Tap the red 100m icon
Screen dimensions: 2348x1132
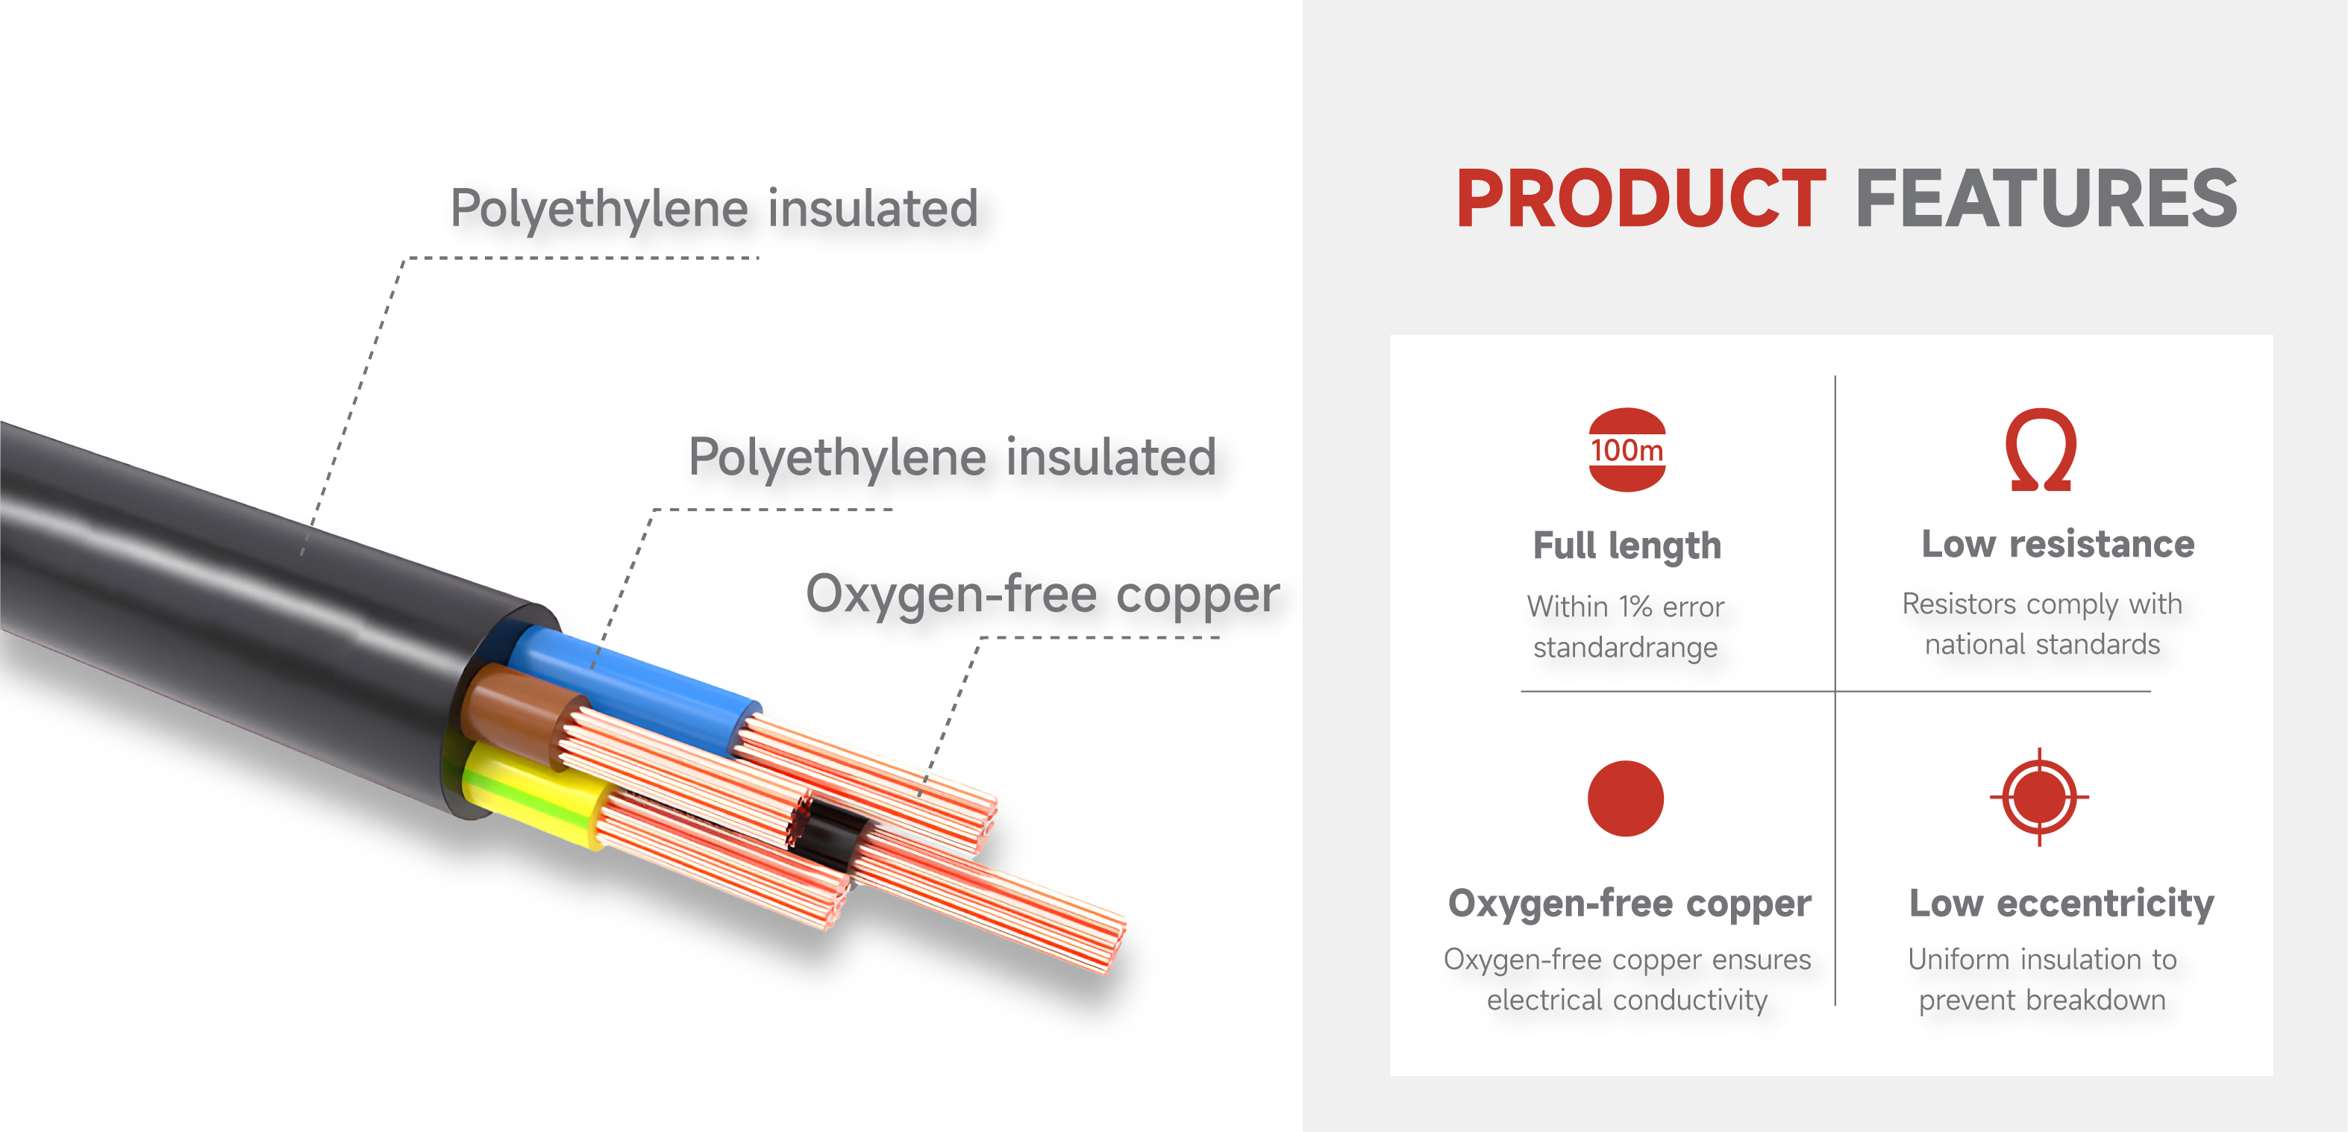point(1627,449)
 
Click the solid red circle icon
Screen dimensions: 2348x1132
point(1625,798)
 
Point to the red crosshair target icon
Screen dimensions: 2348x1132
point(2039,798)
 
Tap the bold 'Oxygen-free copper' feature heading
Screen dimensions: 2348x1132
point(1629,903)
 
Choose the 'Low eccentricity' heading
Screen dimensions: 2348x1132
point(2061,903)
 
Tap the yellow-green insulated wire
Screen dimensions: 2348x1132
point(533,793)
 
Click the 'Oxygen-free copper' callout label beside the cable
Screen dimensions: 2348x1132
point(1043,594)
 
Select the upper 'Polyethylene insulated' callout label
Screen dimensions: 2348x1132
point(715,209)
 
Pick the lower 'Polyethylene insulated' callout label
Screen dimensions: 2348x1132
point(953,457)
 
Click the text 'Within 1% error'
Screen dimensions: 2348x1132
point(1625,606)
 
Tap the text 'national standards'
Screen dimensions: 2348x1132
point(2042,645)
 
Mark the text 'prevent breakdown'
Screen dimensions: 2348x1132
point(2042,1000)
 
